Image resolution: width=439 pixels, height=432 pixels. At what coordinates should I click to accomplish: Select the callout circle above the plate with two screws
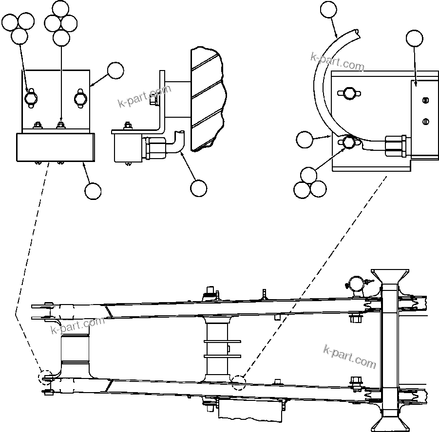414,38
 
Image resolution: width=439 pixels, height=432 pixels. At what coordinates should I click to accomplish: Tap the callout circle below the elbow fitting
198,188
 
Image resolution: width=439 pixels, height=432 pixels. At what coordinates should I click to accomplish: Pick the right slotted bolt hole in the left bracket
81,98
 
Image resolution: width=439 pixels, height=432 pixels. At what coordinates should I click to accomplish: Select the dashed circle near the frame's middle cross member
239,383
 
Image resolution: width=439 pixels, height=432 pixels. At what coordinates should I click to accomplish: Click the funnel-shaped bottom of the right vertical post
390,419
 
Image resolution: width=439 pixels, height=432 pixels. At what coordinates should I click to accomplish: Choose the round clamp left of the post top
356,284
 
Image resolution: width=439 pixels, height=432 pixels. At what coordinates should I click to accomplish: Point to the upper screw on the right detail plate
425,101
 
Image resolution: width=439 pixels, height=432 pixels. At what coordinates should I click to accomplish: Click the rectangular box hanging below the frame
250,410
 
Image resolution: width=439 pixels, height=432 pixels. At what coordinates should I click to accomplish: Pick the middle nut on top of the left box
61,126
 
